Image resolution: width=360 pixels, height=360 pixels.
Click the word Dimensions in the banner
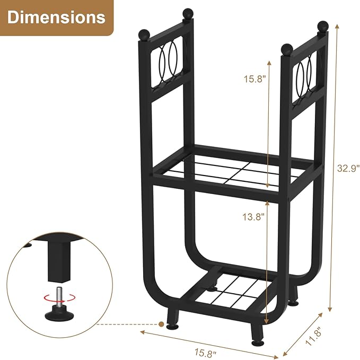(56, 17)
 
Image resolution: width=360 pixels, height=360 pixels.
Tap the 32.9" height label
(348, 169)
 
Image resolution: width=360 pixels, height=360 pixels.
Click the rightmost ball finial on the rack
(322, 25)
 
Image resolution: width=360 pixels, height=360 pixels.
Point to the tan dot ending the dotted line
(161, 322)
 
